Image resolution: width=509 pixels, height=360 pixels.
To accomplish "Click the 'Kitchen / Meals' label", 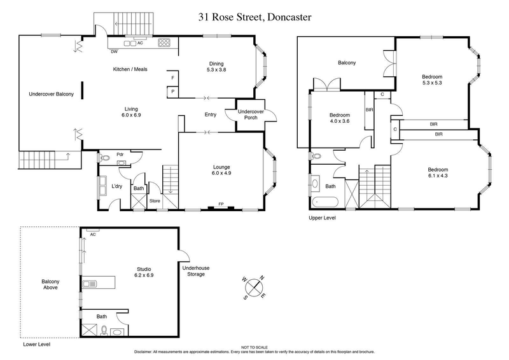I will point(130,69).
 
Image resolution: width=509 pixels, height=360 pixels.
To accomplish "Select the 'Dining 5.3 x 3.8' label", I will point(218,67).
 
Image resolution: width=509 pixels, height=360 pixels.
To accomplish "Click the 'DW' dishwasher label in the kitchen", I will point(115,52).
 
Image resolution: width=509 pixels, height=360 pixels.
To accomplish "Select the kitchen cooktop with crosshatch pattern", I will point(164,44).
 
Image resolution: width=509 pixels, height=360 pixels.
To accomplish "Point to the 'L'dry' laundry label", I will point(116,186).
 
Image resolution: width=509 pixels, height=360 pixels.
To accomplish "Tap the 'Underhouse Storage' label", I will point(195,272).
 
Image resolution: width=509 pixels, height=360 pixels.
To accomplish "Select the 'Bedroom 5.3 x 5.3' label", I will point(432,80).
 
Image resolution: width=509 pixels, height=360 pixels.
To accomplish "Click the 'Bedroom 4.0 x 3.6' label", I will point(339,118).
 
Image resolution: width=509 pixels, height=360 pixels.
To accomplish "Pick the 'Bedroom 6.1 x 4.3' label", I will point(438,173).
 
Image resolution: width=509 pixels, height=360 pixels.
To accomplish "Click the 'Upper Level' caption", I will point(322,218).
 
